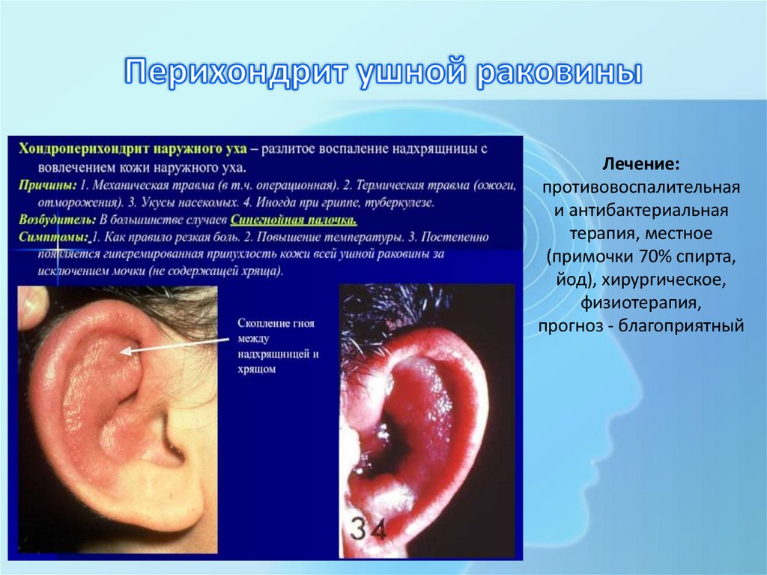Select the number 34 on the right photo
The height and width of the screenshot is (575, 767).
tap(366, 529)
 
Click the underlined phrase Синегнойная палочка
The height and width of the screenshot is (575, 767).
tap(294, 220)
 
